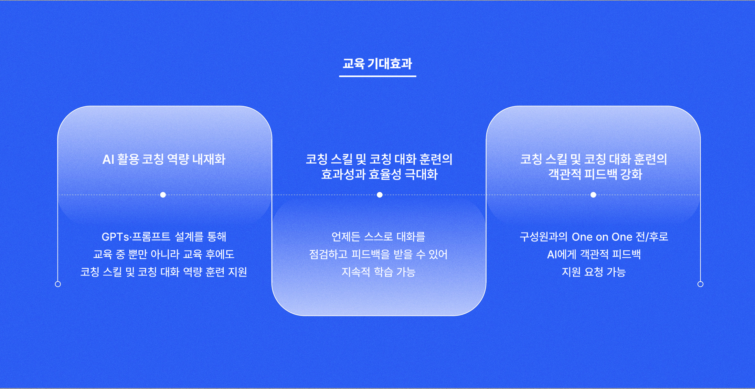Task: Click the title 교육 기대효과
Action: [x=377, y=63]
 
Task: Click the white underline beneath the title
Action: [x=377, y=76]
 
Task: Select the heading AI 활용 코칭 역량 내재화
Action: [x=164, y=159]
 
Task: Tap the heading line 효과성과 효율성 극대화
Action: [x=379, y=175]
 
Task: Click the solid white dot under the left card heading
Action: [x=163, y=195]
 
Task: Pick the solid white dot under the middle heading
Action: [x=380, y=195]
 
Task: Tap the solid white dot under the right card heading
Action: [x=593, y=195]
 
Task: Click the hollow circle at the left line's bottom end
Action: [x=58, y=284]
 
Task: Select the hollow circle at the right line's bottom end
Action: [x=700, y=284]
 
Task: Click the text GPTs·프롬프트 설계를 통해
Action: [x=164, y=237]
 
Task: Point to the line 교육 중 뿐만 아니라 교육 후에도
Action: [x=164, y=254]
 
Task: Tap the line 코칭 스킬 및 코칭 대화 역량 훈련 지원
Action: [x=164, y=272]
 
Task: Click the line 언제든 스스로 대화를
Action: [x=378, y=237]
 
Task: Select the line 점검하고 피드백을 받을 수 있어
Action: [x=378, y=254]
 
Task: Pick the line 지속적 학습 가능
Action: [x=378, y=272]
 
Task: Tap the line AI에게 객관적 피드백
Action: [x=594, y=254]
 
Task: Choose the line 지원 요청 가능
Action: [x=594, y=272]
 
